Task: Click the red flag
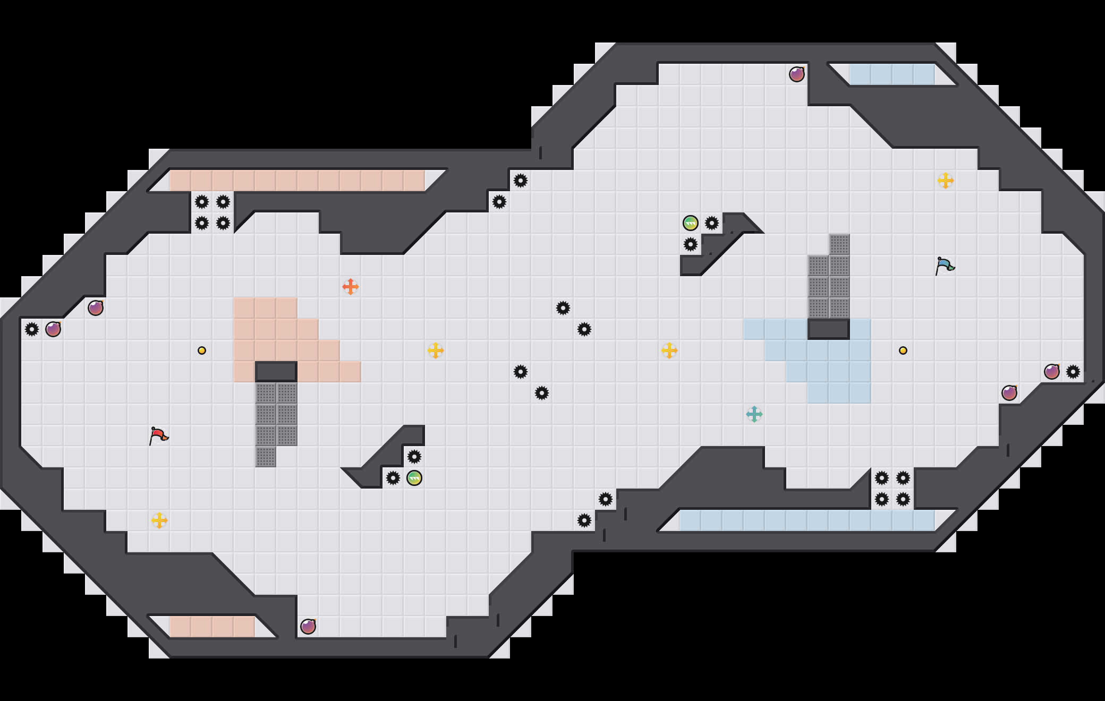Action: (x=158, y=435)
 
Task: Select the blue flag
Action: (x=945, y=266)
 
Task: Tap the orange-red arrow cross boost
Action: (x=351, y=287)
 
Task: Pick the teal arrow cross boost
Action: (x=754, y=414)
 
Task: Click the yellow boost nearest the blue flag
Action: (x=946, y=181)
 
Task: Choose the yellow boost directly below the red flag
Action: (x=159, y=520)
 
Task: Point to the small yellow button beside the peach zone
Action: (x=202, y=350)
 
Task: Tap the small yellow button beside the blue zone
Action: (x=903, y=350)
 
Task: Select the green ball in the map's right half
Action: (x=691, y=223)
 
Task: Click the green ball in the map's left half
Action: (x=414, y=478)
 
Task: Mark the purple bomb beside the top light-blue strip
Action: (x=797, y=74)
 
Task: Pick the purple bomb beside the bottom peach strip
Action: (x=308, y=627)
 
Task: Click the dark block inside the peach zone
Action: (x=276, y=372)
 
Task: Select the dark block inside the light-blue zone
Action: (x=829, y=329)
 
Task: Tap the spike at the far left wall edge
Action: (x=32, y=329)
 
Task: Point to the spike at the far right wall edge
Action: (x=1073, y=372)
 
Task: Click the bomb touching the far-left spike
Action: (x=53, y=329)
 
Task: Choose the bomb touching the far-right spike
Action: (x=1052, y=372)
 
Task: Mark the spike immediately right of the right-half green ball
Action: (x=712, y=223)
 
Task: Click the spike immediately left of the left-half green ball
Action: (x=393, y=478)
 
